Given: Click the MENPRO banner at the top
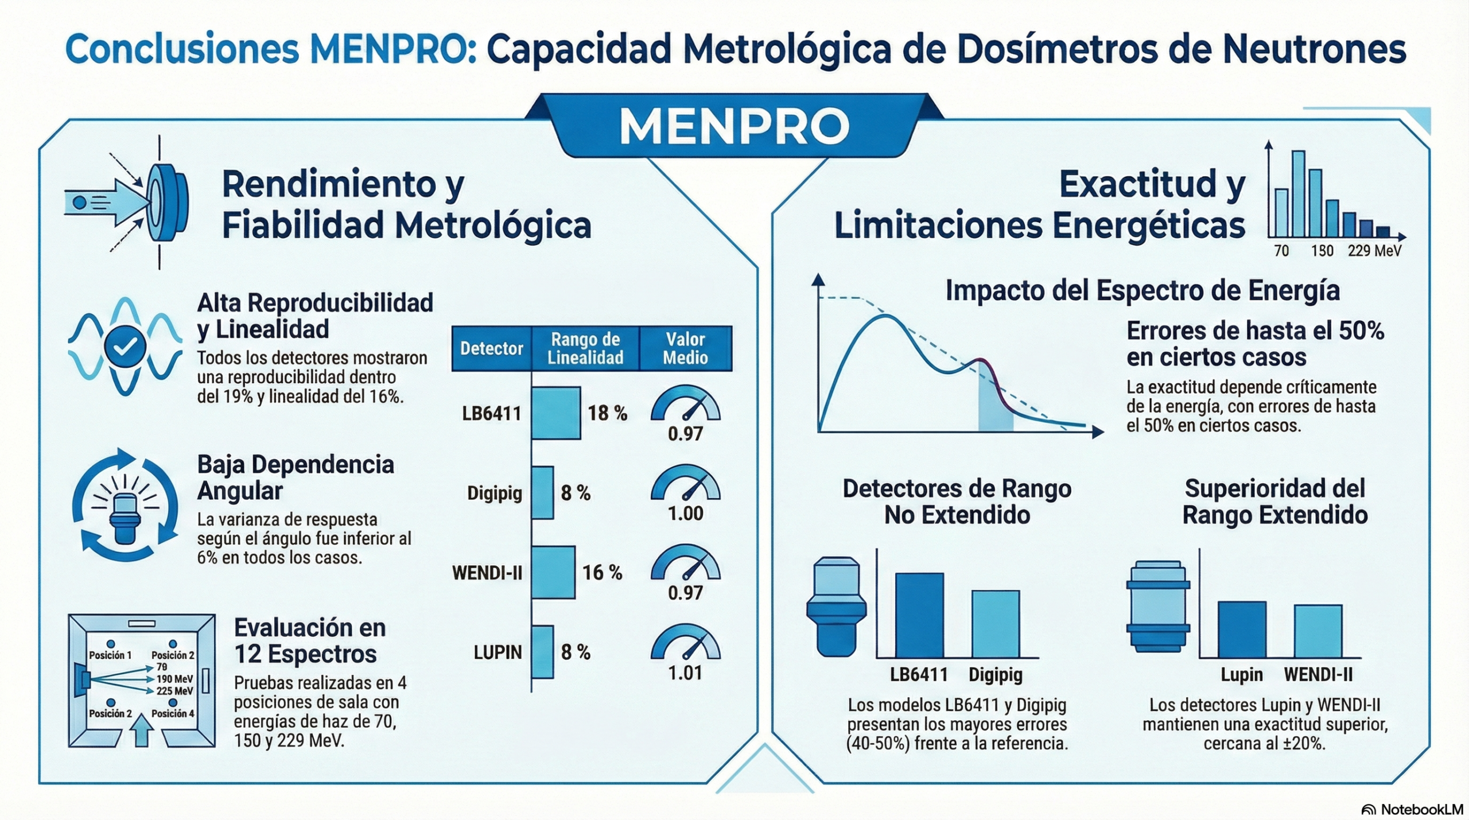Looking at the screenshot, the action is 734,126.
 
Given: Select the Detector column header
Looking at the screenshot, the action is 492,348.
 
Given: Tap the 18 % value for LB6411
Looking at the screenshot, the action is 607,413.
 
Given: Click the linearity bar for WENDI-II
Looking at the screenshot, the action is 553,572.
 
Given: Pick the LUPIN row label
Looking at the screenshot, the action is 498,652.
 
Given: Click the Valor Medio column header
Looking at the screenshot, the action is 686,348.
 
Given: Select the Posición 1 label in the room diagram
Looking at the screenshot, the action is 110,655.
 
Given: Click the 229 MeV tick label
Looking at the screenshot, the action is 1374,251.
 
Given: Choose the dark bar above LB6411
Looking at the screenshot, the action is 919,615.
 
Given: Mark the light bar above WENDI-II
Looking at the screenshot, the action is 1318,631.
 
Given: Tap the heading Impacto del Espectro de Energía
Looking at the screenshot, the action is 1142,290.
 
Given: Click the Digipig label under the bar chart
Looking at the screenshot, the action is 996,675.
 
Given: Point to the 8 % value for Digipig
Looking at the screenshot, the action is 576,493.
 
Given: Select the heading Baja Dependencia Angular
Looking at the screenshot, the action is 296,477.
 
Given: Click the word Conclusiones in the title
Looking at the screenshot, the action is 182,49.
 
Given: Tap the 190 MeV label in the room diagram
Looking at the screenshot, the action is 175,679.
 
